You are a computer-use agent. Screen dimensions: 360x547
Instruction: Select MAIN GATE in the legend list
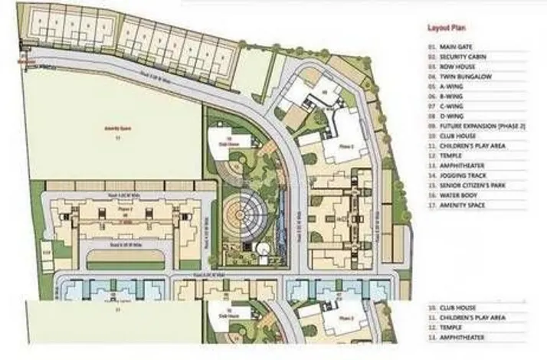(453, 47)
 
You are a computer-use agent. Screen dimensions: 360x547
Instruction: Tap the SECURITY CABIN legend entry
(459, 57)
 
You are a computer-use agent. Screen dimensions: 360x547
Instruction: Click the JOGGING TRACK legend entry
(459, 175)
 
